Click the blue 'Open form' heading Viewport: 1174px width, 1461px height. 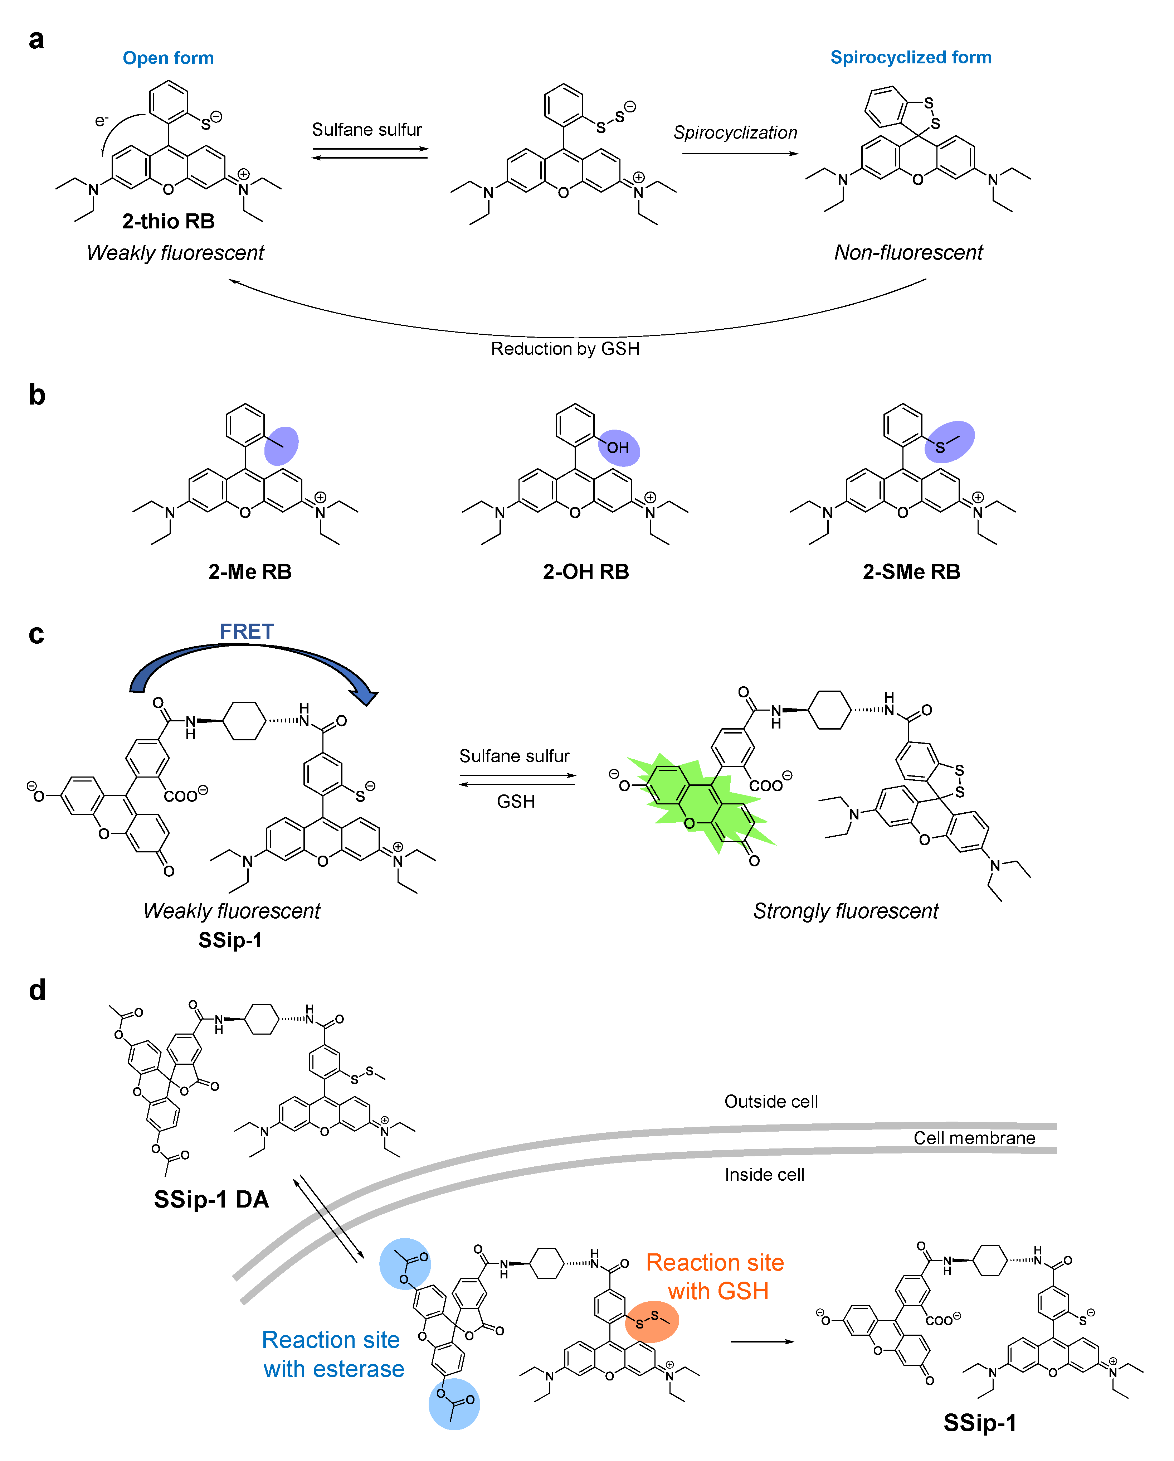click(x=168, y=58)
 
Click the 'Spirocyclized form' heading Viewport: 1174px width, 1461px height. click(x=911, y=58)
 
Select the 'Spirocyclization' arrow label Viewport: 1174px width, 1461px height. click(x=735, y=133)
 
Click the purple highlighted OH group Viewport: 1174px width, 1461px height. click(x=619, y=447)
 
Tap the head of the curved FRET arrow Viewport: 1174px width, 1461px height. click(x=364, y=697)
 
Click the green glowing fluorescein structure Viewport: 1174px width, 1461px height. click(x=698, y=803)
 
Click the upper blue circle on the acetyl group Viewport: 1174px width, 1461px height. click(x=404, y=1263)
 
